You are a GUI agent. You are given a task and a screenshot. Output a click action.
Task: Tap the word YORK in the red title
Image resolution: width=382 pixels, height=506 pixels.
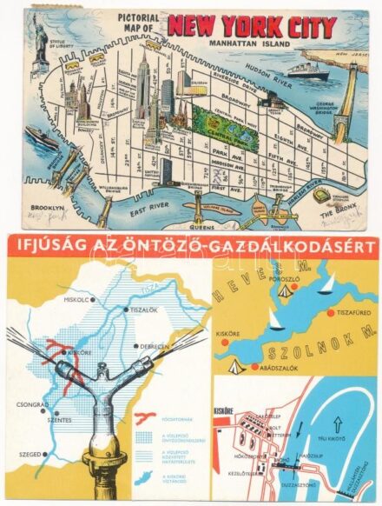tap(259, 25)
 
